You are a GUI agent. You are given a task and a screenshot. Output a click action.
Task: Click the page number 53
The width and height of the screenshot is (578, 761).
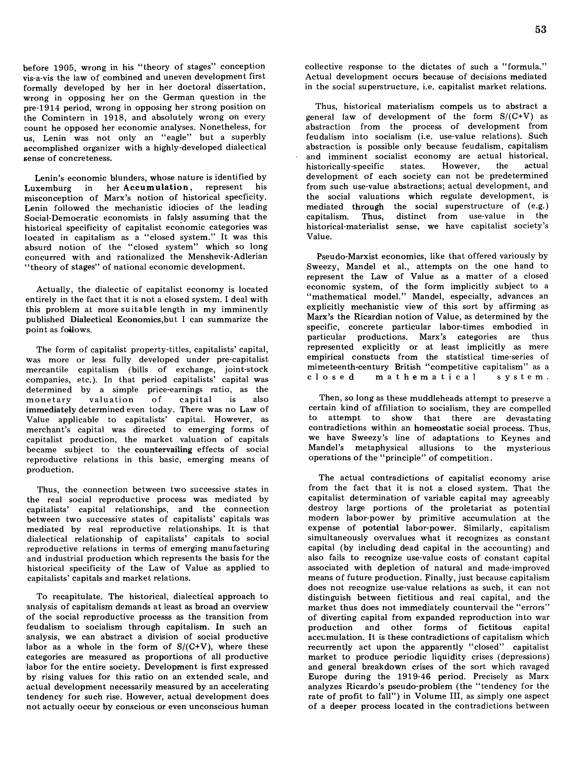pos(541,30)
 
